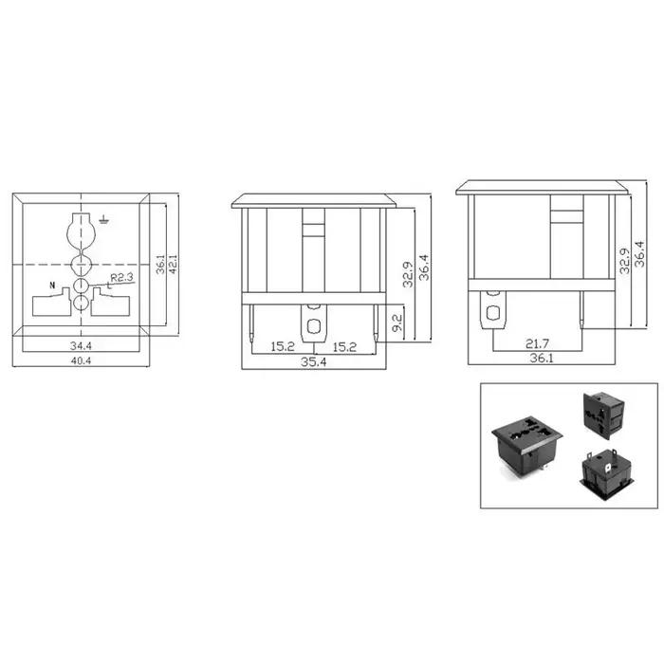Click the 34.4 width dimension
(81, 345)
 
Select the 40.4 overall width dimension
(81, 360)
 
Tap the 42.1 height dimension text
(173, 265)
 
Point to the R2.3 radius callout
(122, 278)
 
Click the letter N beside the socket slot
(52, 285)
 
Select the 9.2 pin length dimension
(397, 323)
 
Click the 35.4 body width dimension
(313, 362)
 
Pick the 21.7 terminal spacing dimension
(537, 343)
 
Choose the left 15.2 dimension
(283, 346)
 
